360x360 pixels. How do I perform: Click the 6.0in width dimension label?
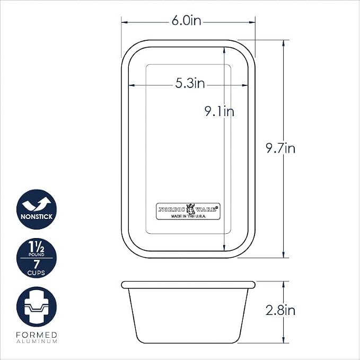pyautogui.click(x=186, y=21)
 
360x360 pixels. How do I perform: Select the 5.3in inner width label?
pyautogui.click(x=190, y=83)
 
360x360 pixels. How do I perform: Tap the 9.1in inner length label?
pyautogui.click(x=219, y=111)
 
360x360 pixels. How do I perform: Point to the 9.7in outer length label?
pyautogui.click(x=280, y=148)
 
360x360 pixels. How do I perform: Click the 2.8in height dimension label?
pyautogui.click(x=280, y=310)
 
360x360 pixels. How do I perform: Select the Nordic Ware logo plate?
pyautogui.click(x=188, y=211)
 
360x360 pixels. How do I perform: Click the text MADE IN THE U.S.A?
pyautogui.click(x=189, y=216)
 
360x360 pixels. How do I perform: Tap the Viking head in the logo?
pyautogui.click(x=190, y=209)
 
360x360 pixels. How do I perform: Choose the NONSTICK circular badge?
pyautogui.click(x=37, y=209)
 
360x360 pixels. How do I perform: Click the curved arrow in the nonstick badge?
pyautogui.click(x=37, y=204)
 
